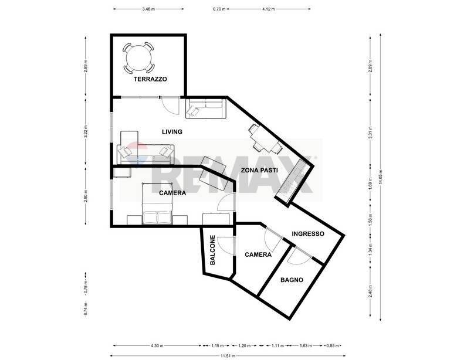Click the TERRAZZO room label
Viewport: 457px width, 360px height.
150,79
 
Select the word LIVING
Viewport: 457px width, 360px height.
172,132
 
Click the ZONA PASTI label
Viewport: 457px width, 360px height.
259,170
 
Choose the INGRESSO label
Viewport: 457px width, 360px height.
308,233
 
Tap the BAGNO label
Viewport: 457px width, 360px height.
292,280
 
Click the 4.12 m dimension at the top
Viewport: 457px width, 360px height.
269,9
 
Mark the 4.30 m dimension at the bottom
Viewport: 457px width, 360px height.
157,345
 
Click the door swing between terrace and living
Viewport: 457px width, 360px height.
169,106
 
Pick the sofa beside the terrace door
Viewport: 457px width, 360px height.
205,108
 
